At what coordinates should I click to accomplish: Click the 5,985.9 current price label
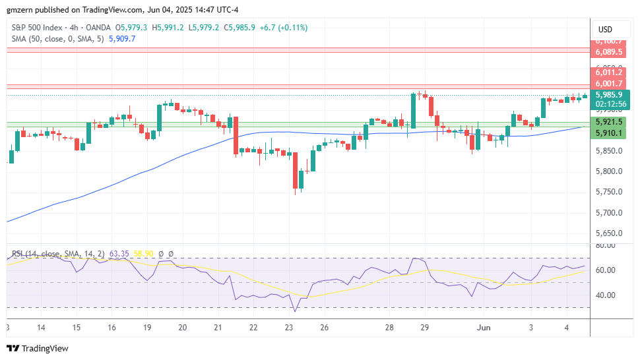point(608,94)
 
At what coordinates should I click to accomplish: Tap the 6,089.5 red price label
point(608,51)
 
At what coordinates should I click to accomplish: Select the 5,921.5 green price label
point(608,122)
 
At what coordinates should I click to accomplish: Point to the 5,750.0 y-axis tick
point(608,192)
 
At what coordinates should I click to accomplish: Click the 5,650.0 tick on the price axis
point(608,233)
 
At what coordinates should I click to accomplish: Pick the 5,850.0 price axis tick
point(608,151)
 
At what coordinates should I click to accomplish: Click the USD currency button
point(605,30)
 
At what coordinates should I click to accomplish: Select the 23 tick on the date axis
point(288,328)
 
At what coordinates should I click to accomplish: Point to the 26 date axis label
point(324,328)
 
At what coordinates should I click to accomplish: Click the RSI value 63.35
point(119,253)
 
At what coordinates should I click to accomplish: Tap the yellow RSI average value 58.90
point(143,253)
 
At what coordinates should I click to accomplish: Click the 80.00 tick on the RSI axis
point(606,245)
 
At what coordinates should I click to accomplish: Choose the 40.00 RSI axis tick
point(606,295)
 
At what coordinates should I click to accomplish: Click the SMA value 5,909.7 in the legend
point(121,39)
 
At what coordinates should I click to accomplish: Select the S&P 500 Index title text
point(38,28)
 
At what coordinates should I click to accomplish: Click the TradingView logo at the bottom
point(38,348)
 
